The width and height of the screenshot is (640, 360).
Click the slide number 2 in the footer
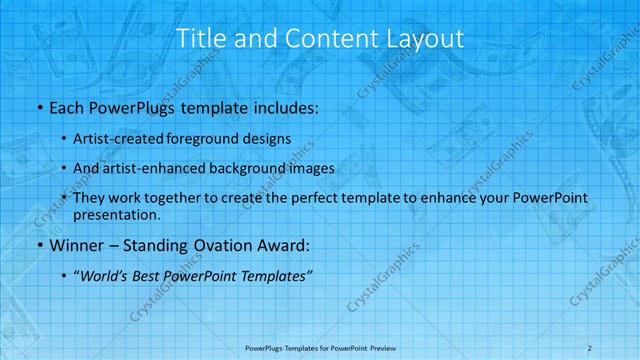tap(590, 347)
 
